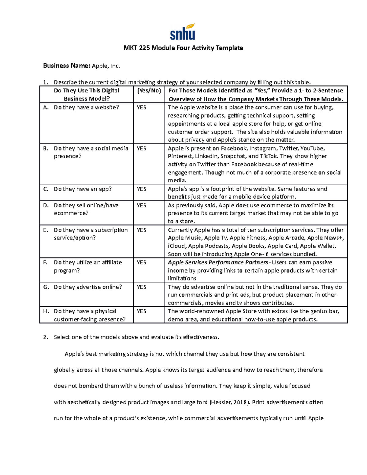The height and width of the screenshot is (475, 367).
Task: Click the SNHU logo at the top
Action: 183,32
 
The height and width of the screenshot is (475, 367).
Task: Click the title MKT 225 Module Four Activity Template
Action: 183,48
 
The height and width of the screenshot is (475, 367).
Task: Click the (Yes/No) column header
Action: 149,91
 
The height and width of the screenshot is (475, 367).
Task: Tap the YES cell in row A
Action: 141,107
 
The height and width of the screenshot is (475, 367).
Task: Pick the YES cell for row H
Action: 141,311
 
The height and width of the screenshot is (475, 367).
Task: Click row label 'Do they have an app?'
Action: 83,189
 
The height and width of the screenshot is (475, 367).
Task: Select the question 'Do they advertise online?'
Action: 88,287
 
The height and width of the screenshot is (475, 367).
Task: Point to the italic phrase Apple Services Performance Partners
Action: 218,262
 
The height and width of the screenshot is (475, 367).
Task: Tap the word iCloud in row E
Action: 176,246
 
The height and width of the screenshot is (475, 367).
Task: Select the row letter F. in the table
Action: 46,262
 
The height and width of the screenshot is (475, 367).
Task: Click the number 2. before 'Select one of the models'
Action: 46,337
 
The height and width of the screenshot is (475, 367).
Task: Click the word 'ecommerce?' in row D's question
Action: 71,213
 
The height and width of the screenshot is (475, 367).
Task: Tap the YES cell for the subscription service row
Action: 141,230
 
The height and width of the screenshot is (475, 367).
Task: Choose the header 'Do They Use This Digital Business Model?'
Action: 87,95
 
